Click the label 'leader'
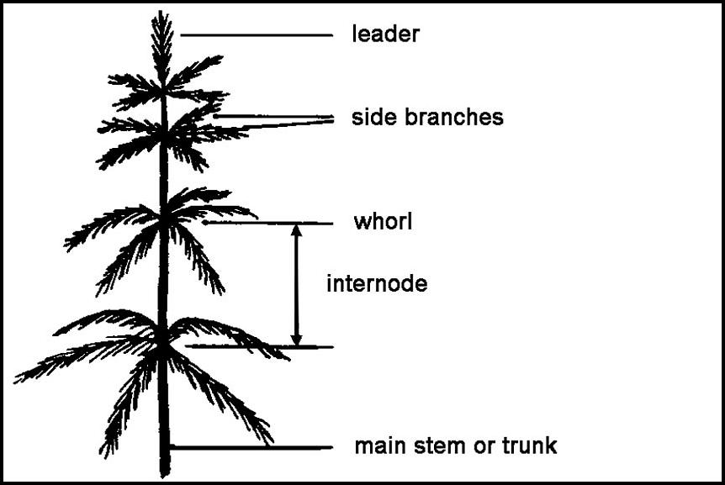385,35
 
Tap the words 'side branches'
427,118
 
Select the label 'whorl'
383,223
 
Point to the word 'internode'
377,284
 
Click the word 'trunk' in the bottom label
528,445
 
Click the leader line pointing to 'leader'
257,35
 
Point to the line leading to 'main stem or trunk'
252,447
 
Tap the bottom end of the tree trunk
165,474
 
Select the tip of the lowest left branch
16,380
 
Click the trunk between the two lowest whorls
163,277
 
